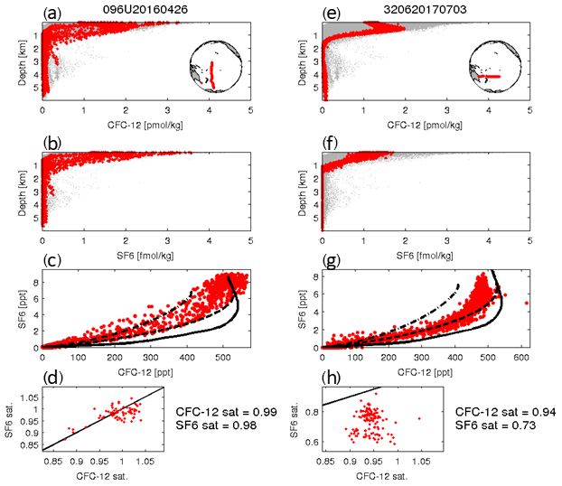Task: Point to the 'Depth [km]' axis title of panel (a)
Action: click(x=20, y=61)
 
